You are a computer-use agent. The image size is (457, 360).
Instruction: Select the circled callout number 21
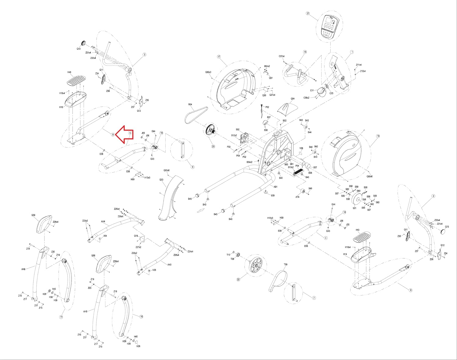click(x=308, y=13)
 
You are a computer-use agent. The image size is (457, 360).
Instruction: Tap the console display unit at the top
click(x=330, y=27)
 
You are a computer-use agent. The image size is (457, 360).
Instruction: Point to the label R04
click(x=190, y=105)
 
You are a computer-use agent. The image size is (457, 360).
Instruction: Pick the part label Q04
click(x=292, y=99)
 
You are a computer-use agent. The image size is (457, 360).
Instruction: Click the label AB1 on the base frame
click(x=275, y=187)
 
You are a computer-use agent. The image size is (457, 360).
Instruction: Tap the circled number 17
click(x=219, y=57)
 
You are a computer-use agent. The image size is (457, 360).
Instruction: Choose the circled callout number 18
click(x=378, y=136)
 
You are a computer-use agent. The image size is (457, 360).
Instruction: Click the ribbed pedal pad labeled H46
click(x=76, y=81)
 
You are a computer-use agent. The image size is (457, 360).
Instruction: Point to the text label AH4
click(x=103, y=222)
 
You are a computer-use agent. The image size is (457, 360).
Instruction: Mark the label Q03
click(x=161, y=180)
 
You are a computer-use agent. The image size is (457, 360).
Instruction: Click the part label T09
click(x=285, y=265)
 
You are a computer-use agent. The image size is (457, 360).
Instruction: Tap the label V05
click(x=154, y=270)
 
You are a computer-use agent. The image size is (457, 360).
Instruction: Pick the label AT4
click(x=297, y=197)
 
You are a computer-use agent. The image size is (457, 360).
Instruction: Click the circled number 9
click(x=113, y=134)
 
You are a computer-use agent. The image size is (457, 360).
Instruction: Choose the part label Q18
click(x=136, y=236)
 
